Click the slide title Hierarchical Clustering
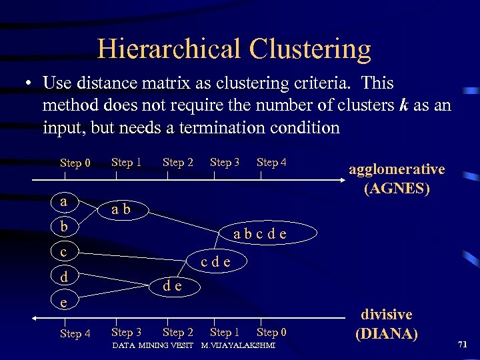point(234,49)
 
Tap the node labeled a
point(63,201)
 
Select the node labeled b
point(63,226)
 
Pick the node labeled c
point(63,251)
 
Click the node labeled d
point(63,277)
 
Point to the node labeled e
point(63,302)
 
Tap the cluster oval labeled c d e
point(215,261)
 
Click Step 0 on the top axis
point(75,163)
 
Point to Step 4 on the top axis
point(271,162)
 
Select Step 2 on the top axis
point(178,162)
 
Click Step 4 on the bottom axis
point(75,333)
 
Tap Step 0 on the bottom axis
point(271,332)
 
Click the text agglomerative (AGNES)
point(397,179)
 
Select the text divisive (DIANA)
point(387,323)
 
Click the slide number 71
point(462,343)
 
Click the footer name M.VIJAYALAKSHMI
point(238,345)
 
